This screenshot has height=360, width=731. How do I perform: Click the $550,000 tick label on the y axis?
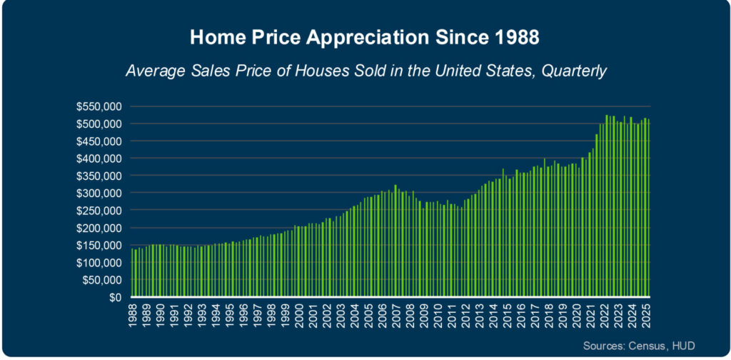pyautogui.click(x=101, y=106)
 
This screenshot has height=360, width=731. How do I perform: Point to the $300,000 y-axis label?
pyautogui.click(x=101, y=194)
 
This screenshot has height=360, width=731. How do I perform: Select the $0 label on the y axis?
pyautogui.click(x=116, y=298)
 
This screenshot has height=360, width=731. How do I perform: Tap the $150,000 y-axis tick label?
pyautogui.click(x=101, y=246)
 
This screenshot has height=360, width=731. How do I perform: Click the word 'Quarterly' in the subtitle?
pyautogui.click(x=572, y=71)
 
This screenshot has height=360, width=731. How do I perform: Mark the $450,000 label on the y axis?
pyautogui.click(x=101, y=141)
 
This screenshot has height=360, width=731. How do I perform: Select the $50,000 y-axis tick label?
pyautogui.click(x=104, y=281)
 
